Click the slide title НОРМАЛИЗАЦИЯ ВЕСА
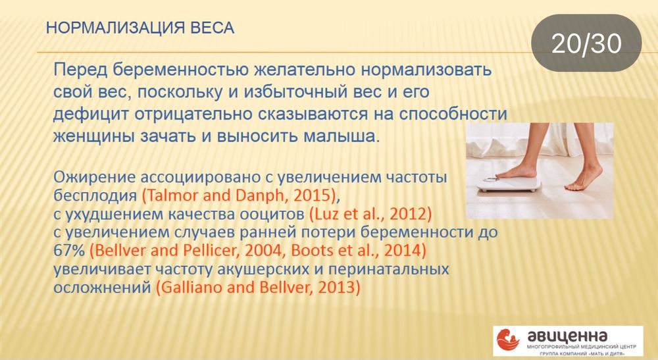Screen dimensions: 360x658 pos(140,28)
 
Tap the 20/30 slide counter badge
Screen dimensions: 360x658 pos(586,43)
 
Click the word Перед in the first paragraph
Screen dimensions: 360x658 pos(82,70)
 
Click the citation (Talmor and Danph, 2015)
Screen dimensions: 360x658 pos(240,196)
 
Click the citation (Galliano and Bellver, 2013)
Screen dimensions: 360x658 pos(257,288)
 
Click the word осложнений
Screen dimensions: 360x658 pos(102,288)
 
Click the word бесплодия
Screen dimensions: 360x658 pos(96,196)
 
